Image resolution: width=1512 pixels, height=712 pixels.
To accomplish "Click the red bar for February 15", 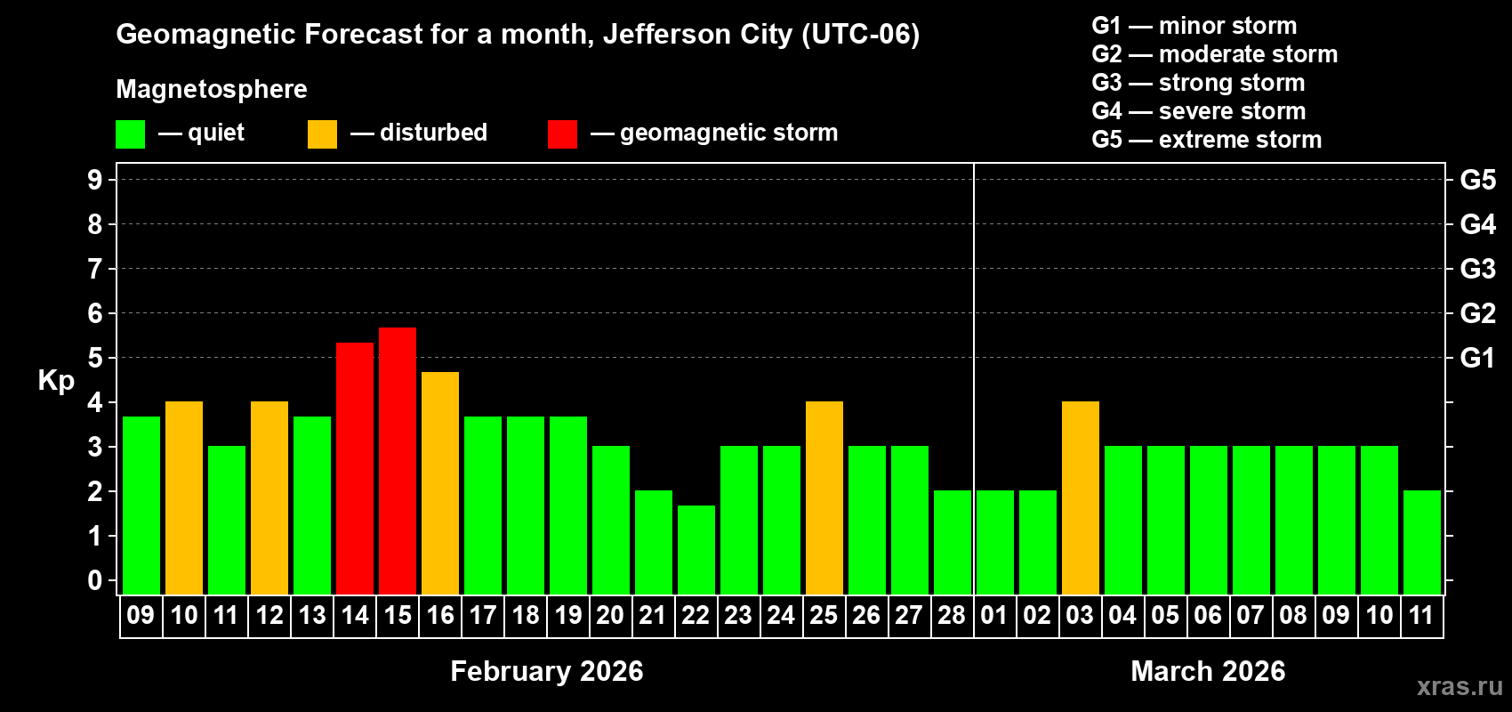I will pos(398,461).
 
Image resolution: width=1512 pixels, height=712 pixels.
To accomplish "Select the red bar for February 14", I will pos(355,468).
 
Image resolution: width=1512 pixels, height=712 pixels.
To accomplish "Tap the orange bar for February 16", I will pos(440,483).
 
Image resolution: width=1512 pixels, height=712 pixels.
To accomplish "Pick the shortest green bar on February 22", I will pos(696,550).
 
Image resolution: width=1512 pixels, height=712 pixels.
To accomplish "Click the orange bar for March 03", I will pos(1081,498).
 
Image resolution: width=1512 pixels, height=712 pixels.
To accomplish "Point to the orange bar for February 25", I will pos(824,498).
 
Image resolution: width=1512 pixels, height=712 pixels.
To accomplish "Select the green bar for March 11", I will pos(1422,543).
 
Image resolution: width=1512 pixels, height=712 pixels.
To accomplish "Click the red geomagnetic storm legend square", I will pos(562,134).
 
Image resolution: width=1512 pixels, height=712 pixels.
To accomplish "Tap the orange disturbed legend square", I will pos(322,134).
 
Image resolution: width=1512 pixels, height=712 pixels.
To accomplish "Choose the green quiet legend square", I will pos(130,134).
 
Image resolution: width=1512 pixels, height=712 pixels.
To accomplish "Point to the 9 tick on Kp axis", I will pos(95,180).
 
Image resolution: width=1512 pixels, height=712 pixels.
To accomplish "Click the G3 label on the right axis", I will pos(1477,269).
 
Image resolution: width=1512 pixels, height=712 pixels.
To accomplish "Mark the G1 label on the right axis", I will pos(1477,358).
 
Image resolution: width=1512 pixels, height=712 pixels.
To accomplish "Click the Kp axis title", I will pos(56,380).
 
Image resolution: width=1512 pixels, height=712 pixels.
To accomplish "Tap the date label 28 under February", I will pos(952,616).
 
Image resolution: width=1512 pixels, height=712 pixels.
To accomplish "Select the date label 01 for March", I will pos(994,616).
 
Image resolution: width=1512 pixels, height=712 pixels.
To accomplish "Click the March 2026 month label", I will pos(1208,671).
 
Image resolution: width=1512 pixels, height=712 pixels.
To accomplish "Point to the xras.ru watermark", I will pos(1459,686).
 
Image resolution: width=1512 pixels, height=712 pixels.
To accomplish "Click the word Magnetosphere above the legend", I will pos(212,89).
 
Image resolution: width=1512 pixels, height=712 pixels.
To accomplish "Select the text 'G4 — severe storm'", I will pos(1198,111).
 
